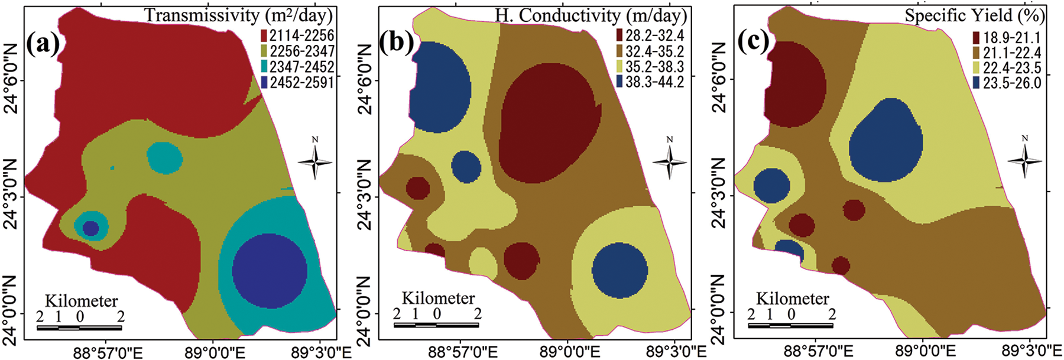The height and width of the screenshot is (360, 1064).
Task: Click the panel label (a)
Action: click(x=43, y=43)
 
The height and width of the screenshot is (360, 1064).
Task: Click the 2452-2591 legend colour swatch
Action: click(x=264, y=82)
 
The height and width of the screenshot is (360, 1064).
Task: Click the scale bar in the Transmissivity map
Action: click(x=79, y=327)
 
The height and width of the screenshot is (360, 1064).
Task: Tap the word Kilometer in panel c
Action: click(x=792, y=299)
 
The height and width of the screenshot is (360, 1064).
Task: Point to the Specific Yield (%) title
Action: click(x=975, y=15)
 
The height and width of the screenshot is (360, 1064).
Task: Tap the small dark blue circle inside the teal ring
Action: click(x=90, y=228)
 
